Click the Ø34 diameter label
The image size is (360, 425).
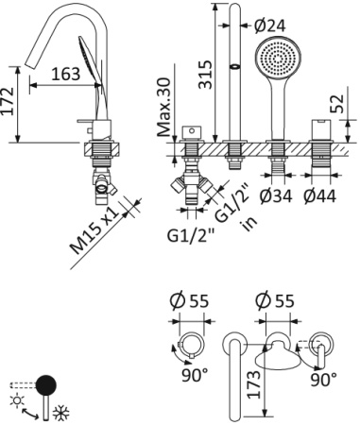pos(277,195)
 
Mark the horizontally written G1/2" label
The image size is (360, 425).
pos(192,232)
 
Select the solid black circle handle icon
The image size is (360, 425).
pos(45,384)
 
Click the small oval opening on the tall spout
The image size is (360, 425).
pos(233,68)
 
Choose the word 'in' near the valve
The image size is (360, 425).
pos(249,223)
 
